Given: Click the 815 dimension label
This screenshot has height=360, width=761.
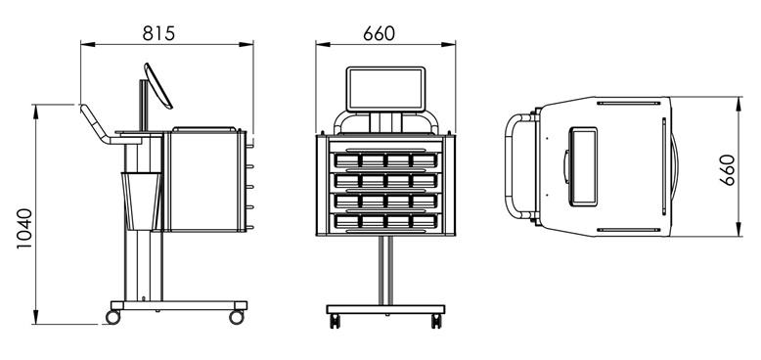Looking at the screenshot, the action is (x=158, y=33).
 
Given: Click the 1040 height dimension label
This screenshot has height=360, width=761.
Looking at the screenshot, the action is (x=24, y=229).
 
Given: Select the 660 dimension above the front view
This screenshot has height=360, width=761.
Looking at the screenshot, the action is (x=379, y=33).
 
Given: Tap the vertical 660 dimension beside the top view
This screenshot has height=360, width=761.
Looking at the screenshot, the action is (x=727, y=170).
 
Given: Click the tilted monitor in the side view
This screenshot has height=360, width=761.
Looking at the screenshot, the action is (x=158, y=86).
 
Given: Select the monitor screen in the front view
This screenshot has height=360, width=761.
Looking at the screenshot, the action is (x=385, y=90).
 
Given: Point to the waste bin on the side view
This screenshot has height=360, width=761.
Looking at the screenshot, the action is (x=143, y=201).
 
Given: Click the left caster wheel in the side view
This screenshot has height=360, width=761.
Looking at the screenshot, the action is (x=113, y=317).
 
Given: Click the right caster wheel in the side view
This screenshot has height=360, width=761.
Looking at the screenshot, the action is (x=237, y=317).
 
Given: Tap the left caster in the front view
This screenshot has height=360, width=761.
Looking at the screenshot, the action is (x=335, y=321).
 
